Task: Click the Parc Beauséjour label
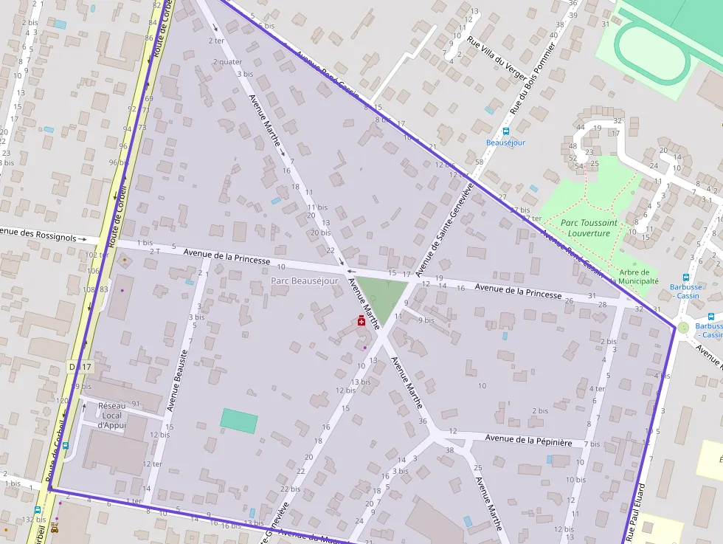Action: pyautogui.click(x=304, y=280)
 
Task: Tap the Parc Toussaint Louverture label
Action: pyautogui.click(x=589, y=227)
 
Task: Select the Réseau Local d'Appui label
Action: pyautogui.click(x=112, y=416)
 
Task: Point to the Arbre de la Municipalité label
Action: pyautogui.click(x=634, y=277)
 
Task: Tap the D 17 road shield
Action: pyautogui.click(x=82, y=366)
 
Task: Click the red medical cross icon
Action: pyautogui.click(x=361, y=320)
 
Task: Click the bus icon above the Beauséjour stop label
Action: pyautogui.click(x=505, y=131)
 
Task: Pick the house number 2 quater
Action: pyautogui.click(x=227, y=62)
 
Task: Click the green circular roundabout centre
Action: pyautogui.click(x=683, y=327)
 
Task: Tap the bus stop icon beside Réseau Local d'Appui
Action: pyautogui.click(x=66, y=446)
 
